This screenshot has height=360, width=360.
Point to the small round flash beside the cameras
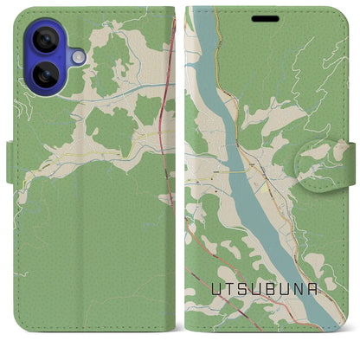click(x=77, y=56)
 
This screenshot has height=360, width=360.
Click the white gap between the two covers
click(x=180, y=173)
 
